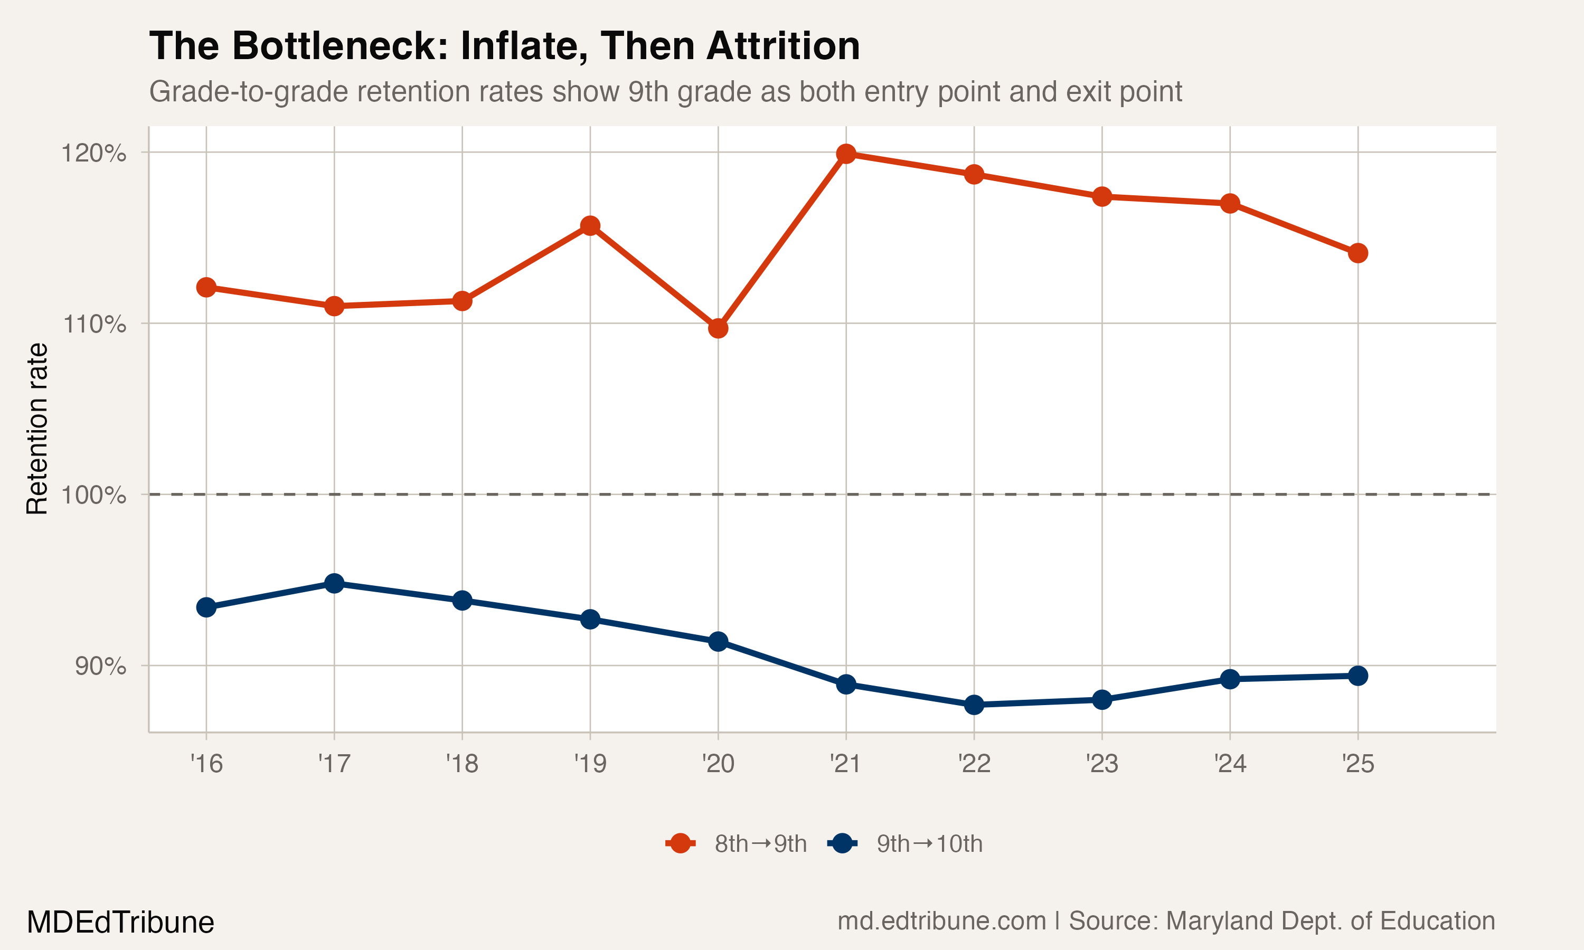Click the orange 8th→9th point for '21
(x=846, y=154)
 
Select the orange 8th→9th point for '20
(x=718, y=328)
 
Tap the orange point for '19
(x=590, y=225)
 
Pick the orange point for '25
(x=1357, y=253)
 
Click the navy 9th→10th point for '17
(x=334, y=583)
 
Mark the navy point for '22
(x=974, y=705)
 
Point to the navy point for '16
(x=206, y=607)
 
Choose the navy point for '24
(x=1229, y=679)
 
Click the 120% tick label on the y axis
(x=93, y=154)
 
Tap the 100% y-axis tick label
(x=93, y=495)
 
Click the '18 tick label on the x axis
(x=461, y=764)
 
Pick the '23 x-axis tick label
(x=1101, y=764)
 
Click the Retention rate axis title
(x=37, y=429)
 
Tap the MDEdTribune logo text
(x=120, y=923)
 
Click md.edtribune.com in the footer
(x=941, y=921)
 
